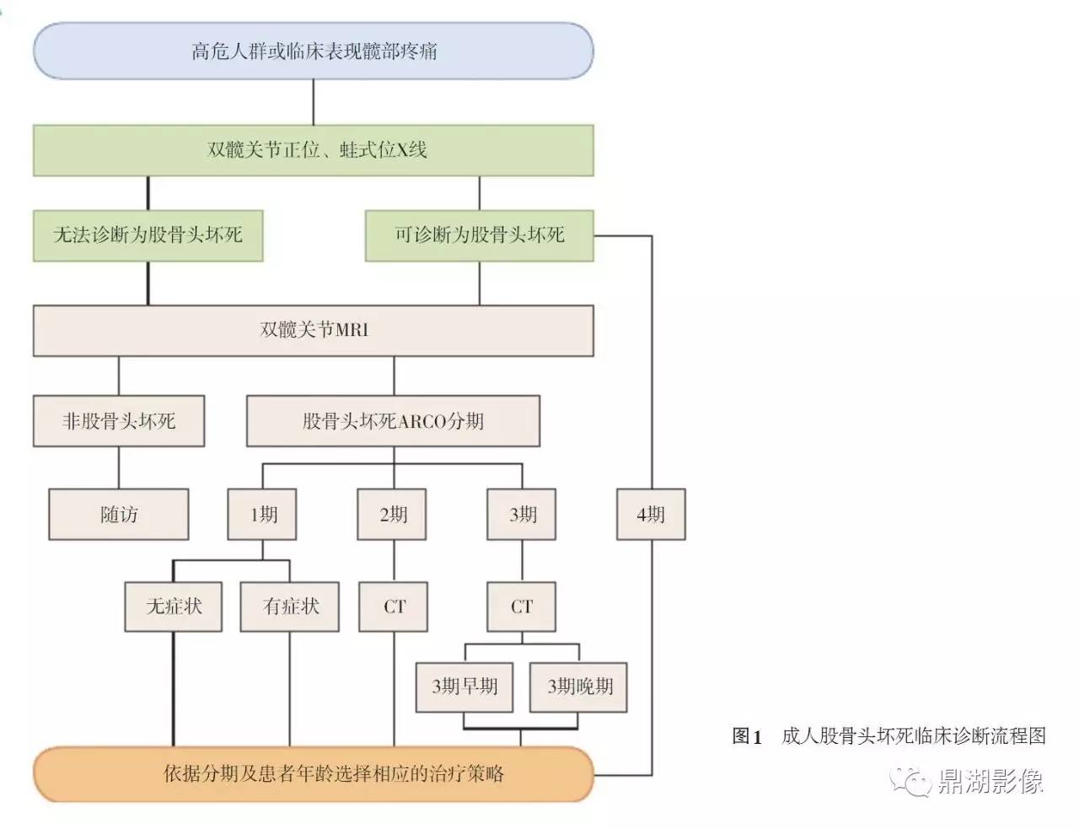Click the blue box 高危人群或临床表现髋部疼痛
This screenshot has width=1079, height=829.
pos(314,51)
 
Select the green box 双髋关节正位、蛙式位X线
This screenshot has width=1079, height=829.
pos(314,150)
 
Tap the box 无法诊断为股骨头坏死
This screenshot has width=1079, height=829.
pos(148,236)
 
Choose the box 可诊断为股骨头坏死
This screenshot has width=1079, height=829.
pos(479,236)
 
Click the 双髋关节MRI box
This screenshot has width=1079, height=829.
pos(314,331)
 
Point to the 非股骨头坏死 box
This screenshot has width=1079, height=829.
pos(119,421)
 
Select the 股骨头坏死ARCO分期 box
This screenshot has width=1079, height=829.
pos(394,421)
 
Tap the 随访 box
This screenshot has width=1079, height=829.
pos(119,515)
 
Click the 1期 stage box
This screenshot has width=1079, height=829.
pos(262,515)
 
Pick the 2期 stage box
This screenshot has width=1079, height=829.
pos(392,515)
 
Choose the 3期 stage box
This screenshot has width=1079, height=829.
pos(521,515)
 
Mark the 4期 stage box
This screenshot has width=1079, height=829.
pos(651,515)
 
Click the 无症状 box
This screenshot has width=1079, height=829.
pos(174,607)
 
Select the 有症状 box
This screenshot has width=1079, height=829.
pos(290,607)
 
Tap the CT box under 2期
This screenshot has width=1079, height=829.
pos(394,607)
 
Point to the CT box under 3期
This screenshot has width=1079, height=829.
pos(521,607)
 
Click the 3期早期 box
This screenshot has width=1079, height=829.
pos(464,687)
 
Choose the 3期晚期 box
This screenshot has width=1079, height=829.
pos(578,687)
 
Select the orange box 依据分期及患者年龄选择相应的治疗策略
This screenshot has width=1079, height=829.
pos(314,774)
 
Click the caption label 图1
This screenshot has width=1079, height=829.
pos(747,736)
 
